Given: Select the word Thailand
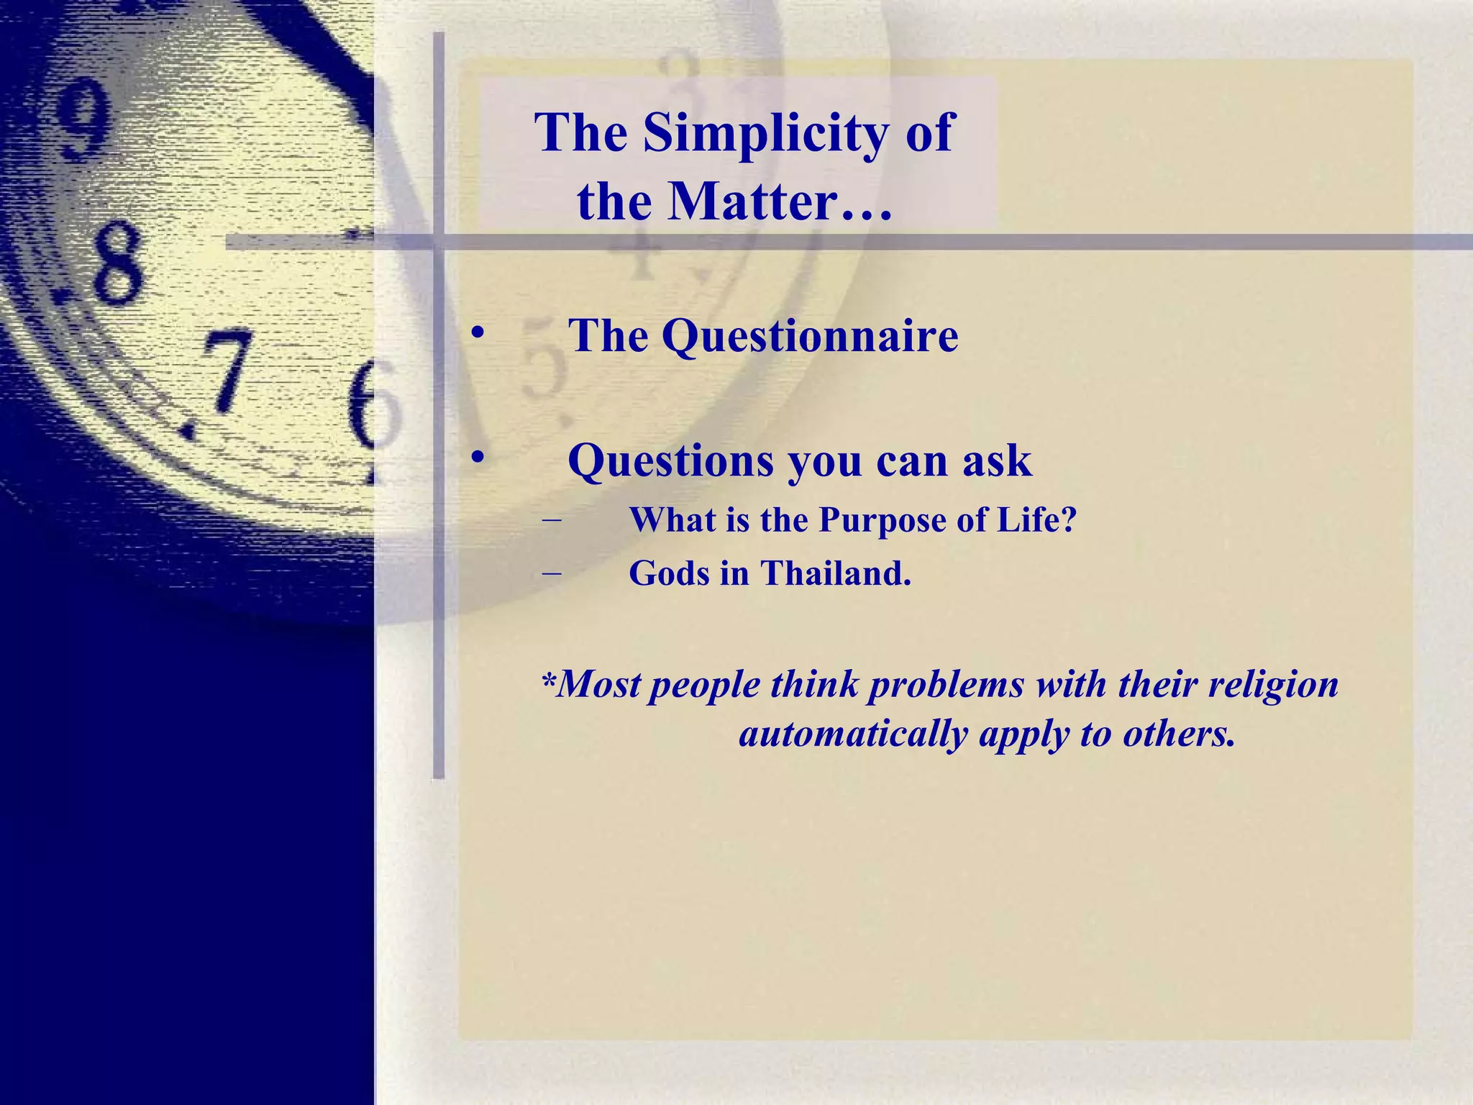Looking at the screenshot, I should coord(836,573).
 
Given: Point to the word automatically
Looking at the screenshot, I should coord(853,734).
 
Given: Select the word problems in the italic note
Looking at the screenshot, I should coord(946,685).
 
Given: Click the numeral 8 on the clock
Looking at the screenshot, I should coord(115,263).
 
